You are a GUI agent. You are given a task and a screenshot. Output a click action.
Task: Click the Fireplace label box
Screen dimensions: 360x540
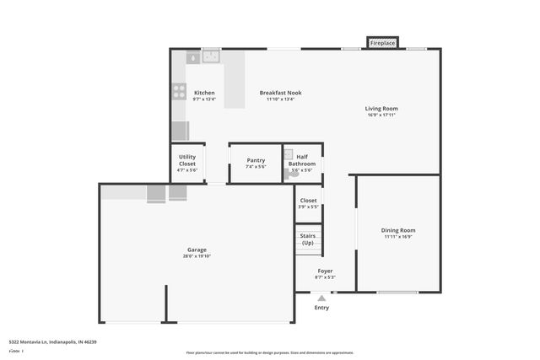coord(382,43)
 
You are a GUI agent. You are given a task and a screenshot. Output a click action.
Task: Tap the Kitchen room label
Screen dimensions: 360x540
coord(204,93)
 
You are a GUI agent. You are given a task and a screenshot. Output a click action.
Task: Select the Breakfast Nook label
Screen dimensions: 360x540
coord(280,93)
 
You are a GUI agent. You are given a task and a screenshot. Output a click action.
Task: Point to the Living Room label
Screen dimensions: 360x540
coord(381,108)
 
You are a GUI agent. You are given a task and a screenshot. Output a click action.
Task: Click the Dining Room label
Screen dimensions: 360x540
coord(398,230)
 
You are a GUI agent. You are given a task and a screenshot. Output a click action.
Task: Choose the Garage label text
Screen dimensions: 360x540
coord(197,250)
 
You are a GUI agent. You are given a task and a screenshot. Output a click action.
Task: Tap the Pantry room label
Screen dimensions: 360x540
coord(256,160)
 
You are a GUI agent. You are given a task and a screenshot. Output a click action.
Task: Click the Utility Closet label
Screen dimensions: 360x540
coord(187,160)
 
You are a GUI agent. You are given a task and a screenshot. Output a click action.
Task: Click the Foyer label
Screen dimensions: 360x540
coord(325,271)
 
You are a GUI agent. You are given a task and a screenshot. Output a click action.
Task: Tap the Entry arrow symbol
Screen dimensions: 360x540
coord(321,298)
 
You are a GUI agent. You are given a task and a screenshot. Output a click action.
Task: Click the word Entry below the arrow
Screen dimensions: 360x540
coord(321,308)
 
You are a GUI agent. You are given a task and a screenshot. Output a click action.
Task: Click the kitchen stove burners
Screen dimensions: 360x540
coord(179,92)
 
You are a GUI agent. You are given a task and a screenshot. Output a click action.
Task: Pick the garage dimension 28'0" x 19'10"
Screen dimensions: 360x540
coord(197,256)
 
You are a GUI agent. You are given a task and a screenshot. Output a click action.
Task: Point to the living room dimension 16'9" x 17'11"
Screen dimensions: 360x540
coord(381,115)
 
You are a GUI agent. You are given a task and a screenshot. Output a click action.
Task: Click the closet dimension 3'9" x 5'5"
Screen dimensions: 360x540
coord(308,207)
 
